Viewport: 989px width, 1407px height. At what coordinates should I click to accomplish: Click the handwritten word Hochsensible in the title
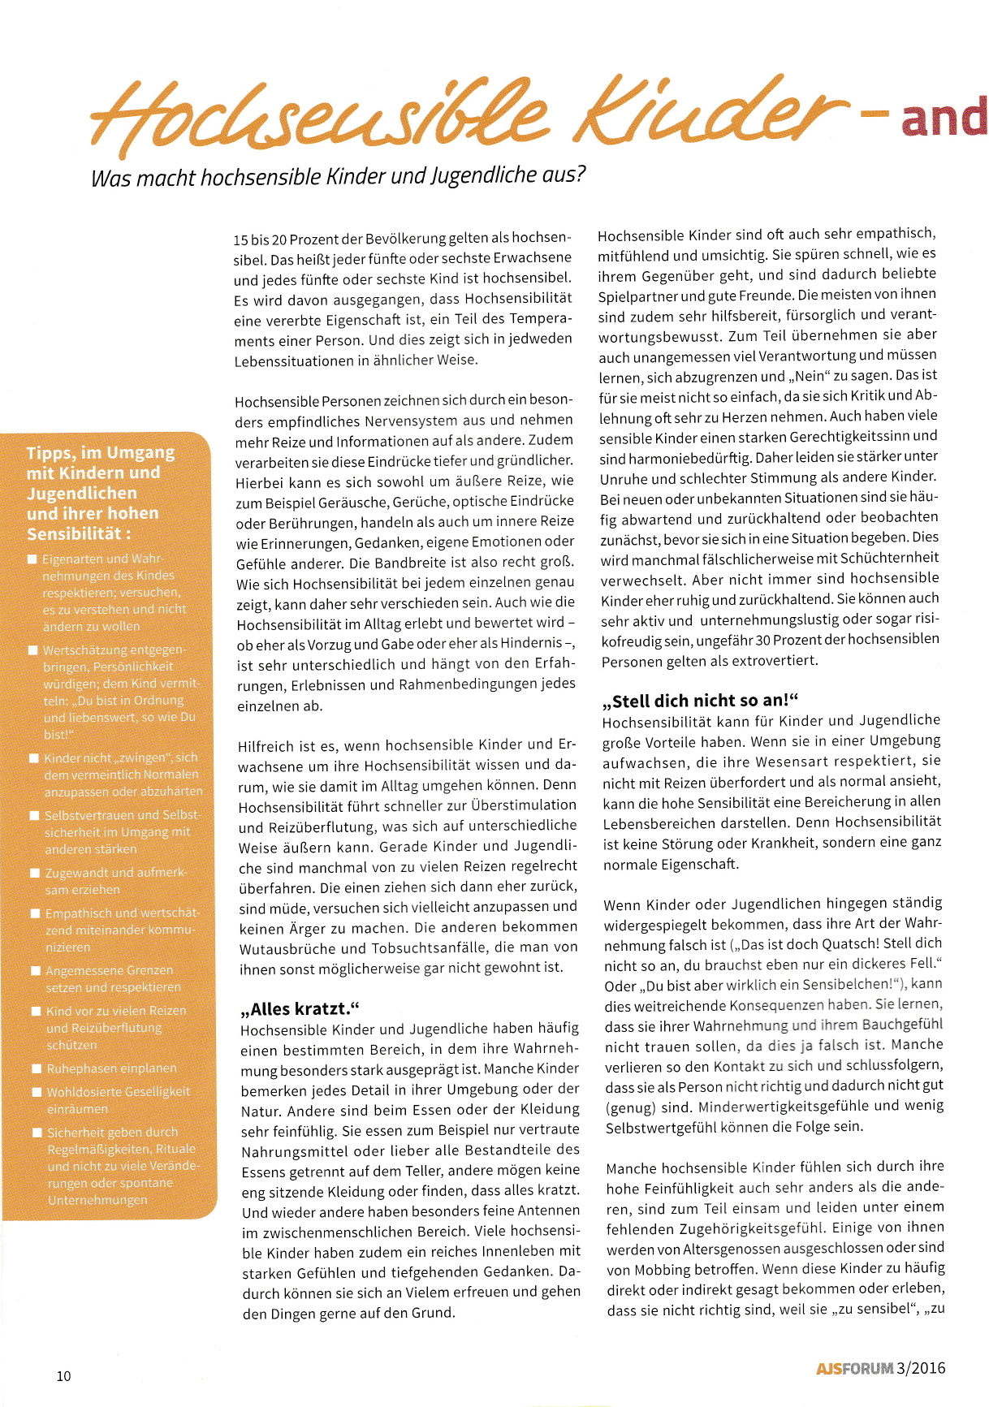(x=317, y=118)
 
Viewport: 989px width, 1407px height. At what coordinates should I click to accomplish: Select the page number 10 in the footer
(x=63, y=1375)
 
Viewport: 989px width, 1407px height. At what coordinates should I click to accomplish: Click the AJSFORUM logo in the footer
(x=854, y=1368)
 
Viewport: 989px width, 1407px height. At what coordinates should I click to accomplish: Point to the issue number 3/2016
(x=922, y=1368)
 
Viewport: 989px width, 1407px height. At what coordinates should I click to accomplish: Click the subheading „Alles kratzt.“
(x=300, y=1009)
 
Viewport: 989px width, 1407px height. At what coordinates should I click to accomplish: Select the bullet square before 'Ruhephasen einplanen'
(x=36, y=1068)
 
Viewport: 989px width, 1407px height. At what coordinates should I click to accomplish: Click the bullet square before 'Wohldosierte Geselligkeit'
(x=36, y=1092)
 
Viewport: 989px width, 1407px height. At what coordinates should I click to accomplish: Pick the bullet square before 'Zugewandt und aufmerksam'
(x=35, y=873)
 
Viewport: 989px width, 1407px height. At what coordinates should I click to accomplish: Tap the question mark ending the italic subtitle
(x=581, y=173)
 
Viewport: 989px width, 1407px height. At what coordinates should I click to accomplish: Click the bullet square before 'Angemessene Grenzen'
(x=36, y=970)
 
